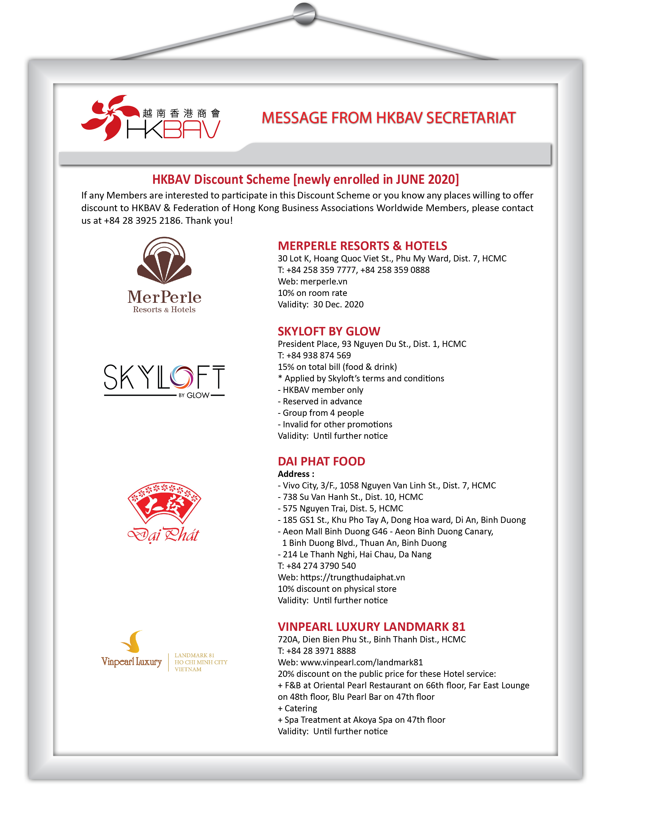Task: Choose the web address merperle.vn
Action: point(324,282)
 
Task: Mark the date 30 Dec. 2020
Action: point(338,305)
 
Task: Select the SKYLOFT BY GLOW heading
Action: point(329,331)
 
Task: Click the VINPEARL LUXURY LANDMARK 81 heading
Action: point(371,627)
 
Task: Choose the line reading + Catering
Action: point(298,708)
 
